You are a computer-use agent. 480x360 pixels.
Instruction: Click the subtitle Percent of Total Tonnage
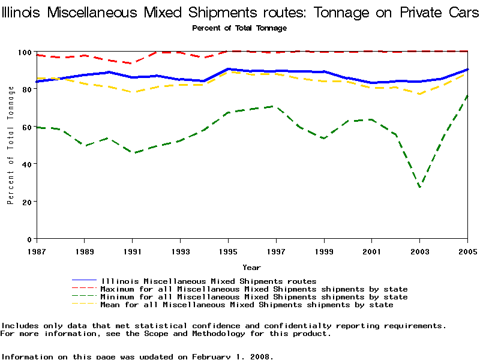239,28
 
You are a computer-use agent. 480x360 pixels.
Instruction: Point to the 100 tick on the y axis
26,52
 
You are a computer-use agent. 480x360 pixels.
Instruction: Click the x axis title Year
251,267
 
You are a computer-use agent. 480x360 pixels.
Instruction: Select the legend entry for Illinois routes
209,281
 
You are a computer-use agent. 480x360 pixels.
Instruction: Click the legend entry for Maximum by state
254,289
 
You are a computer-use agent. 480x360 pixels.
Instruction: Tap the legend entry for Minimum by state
254,297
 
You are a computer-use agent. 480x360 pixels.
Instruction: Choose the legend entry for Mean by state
247,305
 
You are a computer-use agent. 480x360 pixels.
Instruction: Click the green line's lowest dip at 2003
419,187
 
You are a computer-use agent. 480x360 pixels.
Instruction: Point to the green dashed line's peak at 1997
275,106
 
